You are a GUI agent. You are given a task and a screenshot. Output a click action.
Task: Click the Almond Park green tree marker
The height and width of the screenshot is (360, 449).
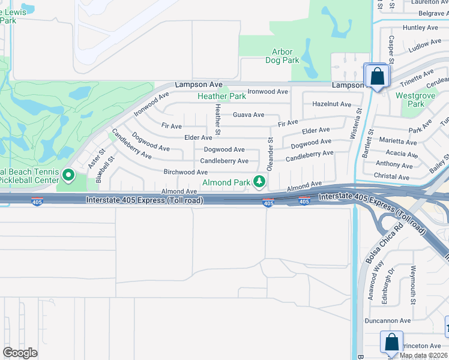click(x=259, y=181)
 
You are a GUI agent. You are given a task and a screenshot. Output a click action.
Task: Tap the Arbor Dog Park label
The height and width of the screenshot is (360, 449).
click(x=282, y=56)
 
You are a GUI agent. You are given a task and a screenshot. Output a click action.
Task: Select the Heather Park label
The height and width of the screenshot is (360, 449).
click(x=221, y=96)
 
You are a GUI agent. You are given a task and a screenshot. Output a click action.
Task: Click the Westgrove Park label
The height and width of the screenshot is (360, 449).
click(x=411, y=100)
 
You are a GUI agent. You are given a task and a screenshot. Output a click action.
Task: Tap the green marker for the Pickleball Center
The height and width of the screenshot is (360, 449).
click(x=68, y=176)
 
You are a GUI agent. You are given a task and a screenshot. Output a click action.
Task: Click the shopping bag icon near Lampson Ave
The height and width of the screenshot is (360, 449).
click(x=377, y=76)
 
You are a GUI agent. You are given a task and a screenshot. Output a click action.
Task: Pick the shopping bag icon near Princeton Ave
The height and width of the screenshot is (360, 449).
click(x=391, y=343)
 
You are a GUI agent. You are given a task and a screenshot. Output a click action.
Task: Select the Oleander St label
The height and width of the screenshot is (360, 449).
click(x=270, y=155)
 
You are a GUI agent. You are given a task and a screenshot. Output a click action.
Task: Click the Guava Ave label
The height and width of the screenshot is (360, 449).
click(x=248, y=115)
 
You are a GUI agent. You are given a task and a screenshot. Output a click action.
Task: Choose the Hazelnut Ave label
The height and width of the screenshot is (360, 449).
click(x=331, y=104)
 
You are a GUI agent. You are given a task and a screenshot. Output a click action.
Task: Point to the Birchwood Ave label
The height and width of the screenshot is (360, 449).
click(x=185, y=172)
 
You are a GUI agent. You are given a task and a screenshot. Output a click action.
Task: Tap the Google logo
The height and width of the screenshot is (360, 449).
click(x=20, y=353)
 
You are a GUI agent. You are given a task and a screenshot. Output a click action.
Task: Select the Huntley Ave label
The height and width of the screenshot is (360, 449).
click(x=421, y=28)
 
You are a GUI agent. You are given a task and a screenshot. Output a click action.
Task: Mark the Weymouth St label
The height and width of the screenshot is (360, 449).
click(x=413, y=284)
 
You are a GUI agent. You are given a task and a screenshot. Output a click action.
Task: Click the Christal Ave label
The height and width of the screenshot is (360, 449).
click(x=391, y=176)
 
